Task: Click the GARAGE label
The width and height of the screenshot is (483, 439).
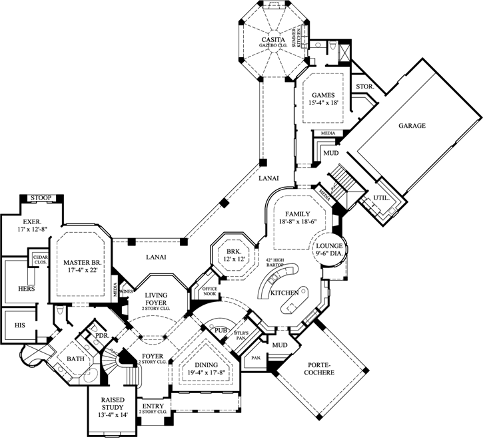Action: click(412, 125)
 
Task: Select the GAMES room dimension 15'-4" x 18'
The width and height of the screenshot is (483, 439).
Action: click(324, 104)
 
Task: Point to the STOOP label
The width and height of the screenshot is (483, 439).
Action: click(42, 198)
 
